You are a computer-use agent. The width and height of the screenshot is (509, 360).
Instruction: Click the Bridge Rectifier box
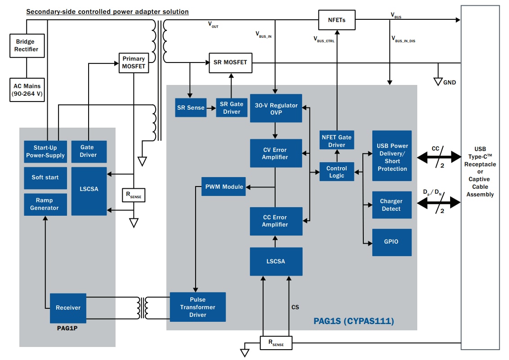27,45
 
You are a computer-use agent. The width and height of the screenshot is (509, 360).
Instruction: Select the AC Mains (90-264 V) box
27,90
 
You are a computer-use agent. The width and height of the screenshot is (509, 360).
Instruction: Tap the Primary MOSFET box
134,62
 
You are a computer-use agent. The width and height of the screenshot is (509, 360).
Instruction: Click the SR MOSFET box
231,62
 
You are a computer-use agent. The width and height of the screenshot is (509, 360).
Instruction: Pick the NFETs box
337,20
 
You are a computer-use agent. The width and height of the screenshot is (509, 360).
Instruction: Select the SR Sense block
190,108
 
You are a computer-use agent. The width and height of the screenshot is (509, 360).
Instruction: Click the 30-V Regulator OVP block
276,108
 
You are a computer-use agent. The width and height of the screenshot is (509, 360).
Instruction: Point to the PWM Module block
223,187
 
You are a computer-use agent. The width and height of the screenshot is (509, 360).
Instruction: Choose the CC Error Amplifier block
276,221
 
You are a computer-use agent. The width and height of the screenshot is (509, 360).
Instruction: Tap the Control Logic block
337,172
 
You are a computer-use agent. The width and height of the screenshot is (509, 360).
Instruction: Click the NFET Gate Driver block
337,141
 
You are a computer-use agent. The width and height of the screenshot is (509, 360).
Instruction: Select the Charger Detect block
392,205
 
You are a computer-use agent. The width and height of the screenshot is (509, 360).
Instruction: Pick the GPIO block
392,242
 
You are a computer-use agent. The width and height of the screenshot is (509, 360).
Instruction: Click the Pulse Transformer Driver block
198,307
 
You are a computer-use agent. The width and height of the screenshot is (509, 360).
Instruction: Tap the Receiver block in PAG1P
68,308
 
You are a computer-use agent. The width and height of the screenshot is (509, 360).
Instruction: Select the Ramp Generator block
45,204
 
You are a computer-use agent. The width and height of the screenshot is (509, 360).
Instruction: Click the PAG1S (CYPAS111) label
353,321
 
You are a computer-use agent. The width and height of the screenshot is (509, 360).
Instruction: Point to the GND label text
450,83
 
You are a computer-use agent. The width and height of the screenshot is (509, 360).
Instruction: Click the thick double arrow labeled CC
439,157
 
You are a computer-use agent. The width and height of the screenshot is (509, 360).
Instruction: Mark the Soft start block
45,178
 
